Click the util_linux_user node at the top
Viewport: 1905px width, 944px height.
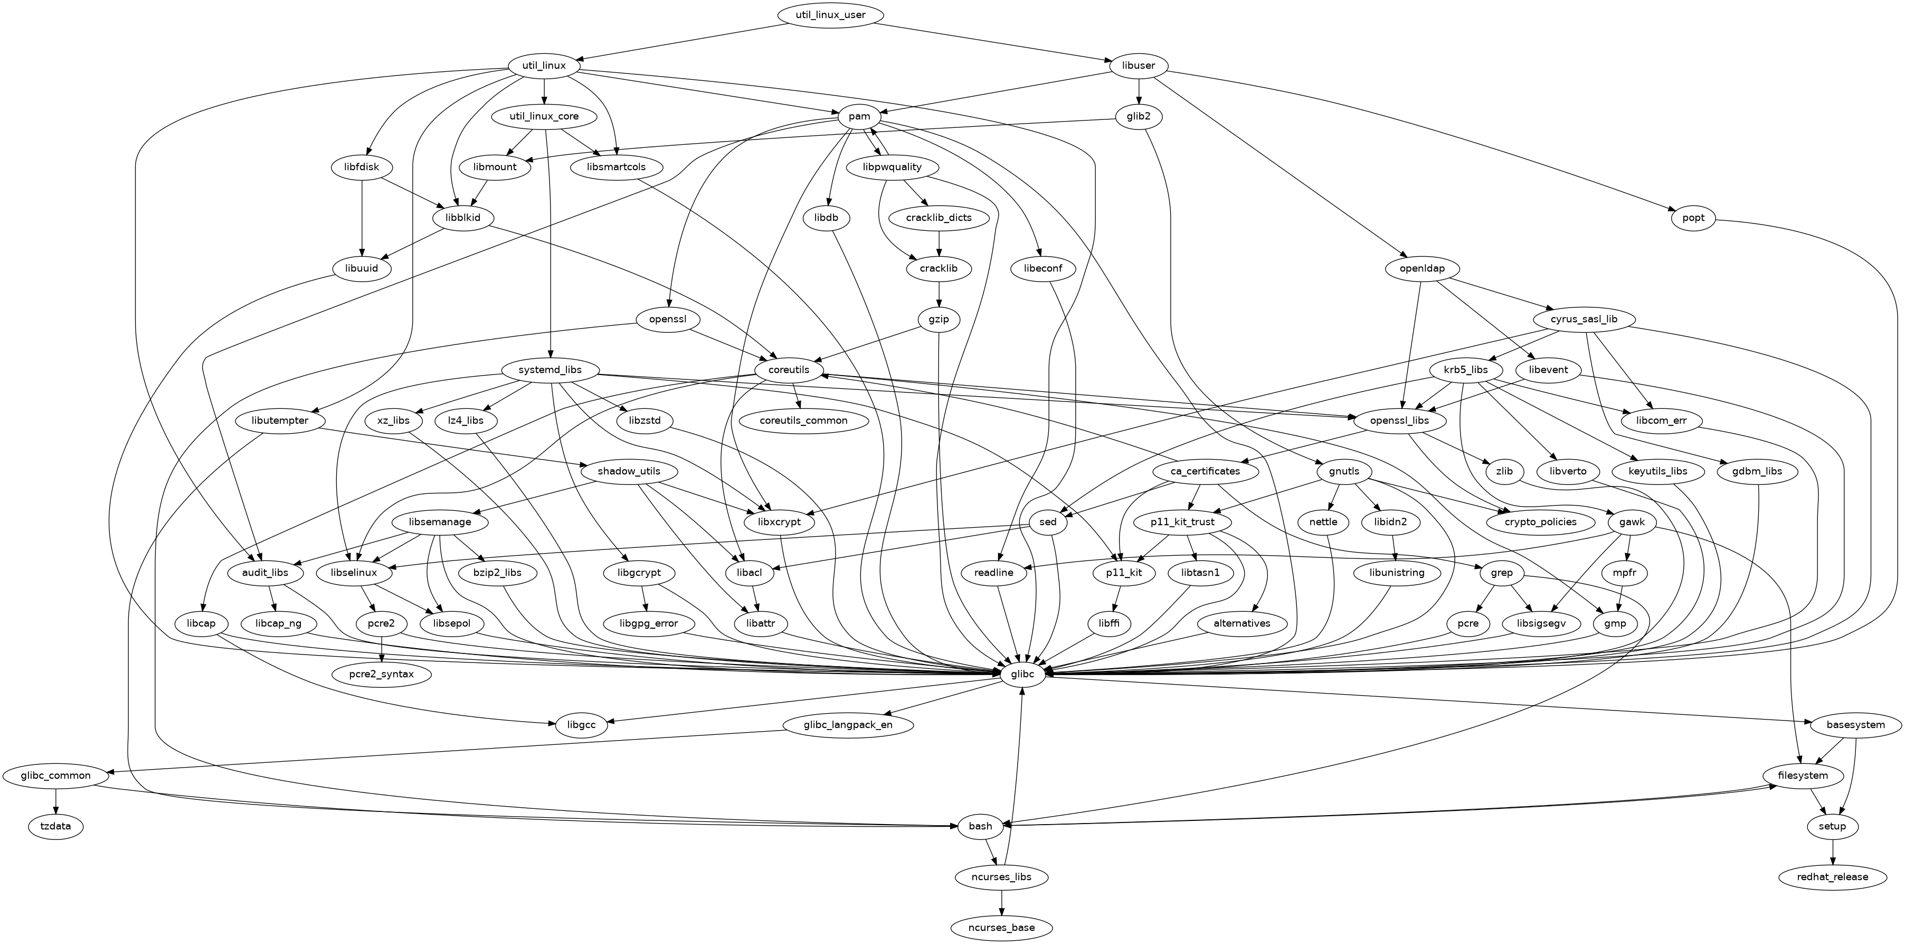[x=830, y=15]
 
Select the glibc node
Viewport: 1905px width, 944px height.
[x=1023, y=674]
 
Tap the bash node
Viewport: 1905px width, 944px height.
[x=980, y=826]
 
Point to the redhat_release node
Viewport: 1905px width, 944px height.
[x=1833, y=877]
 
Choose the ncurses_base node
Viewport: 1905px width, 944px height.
[x=1001, y=927]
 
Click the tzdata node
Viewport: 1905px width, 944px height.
[x=56, y=826]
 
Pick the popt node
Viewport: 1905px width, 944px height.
[x=1693, y=218]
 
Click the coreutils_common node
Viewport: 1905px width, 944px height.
[x=803, y=420]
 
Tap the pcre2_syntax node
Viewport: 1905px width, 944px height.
[x=382, y=674]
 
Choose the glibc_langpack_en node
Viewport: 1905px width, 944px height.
[x=848, y=724]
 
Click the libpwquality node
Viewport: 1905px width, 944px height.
[x=892, y=167]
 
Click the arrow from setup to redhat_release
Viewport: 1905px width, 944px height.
[x=1833, y=852]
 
